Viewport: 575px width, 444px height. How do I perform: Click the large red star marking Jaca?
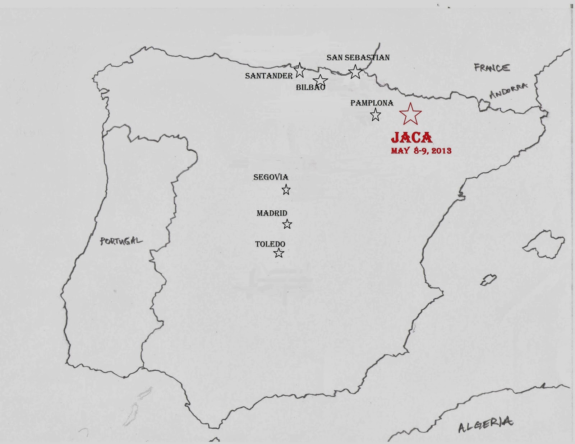click(410, 114)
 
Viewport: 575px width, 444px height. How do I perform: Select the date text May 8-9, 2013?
click(421, 150)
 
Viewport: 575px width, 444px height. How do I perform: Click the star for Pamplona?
click(376, 115)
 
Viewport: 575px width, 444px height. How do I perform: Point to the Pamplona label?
click(372, 103)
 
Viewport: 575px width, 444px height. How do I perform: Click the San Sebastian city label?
click(358, 57)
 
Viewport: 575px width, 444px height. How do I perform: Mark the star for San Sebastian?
click(355, 72)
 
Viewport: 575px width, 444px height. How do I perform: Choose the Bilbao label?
click(310, 87)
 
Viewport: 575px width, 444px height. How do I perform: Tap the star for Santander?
click(300, 70)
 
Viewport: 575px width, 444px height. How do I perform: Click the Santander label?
click(269, 76)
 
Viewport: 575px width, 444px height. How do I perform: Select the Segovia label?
click(271, 177)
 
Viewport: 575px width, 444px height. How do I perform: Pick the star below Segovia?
click(286, 190)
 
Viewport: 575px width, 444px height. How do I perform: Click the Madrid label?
click(272, 213)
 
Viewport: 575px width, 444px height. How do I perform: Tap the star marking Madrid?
click(287, 224)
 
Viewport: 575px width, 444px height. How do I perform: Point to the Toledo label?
click(270, 244)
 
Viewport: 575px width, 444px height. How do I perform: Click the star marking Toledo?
click(279, 253)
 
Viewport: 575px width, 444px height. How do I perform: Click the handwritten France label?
click(492, 67)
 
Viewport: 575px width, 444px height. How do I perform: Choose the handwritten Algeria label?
click(485, 425)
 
